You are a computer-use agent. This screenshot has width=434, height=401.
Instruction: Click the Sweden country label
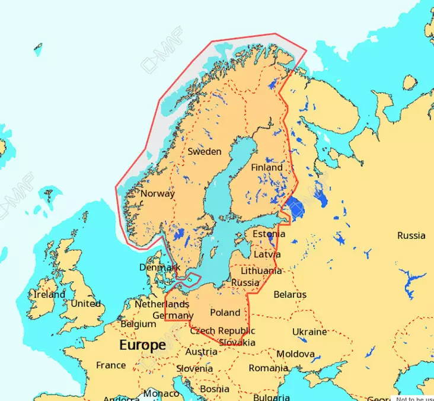pyautogui.click(x=205, y=151)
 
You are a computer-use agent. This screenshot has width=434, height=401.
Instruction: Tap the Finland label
pyautogui.click(x=267, y=168)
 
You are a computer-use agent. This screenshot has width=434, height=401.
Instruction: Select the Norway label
pyautogui.click(x=158, y=193)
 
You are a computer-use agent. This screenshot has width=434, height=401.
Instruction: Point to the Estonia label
pyautogui.click(x=269, y=234)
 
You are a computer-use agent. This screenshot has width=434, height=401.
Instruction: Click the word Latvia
pyautogui.click(x=267, y=254)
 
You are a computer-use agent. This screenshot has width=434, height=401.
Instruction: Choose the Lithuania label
pyautogui.click(x=261, y=270)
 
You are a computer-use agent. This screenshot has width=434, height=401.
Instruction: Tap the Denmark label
pyautogui.click(x=159, y=268)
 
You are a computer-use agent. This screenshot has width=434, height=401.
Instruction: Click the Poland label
pyautogui.click(x=225, y=313)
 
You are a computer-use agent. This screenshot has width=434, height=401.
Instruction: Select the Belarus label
pyautogui.click(x=290, y=294)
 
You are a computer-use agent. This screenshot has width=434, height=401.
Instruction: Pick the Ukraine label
pyautogui.click(x=309, y=332)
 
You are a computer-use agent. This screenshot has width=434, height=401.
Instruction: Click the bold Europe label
pyautogui.click(x=142, y=345)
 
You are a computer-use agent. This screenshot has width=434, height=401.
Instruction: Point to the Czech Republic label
pyautogui.click(x=222, y=331)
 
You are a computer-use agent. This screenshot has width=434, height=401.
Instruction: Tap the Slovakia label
pyautogui.click(x=237, y=343)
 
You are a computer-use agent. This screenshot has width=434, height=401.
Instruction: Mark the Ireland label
pyautogui.click(x=49, y=294)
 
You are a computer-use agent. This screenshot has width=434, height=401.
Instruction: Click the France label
pyautogui.click(x=111, y=365)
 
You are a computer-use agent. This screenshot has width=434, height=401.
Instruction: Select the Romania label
pyautogui.click(x=268, y=368)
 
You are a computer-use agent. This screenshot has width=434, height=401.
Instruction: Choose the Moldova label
pyautogui.click(x=296, y=354)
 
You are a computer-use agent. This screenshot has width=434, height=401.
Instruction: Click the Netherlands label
pyautogui.click(x=162, y=304)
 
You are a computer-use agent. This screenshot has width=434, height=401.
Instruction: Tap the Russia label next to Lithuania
pyautogui.click(x=245, y=282)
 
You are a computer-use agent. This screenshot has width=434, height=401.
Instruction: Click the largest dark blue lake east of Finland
pyautogui.click(x=296, y=208)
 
